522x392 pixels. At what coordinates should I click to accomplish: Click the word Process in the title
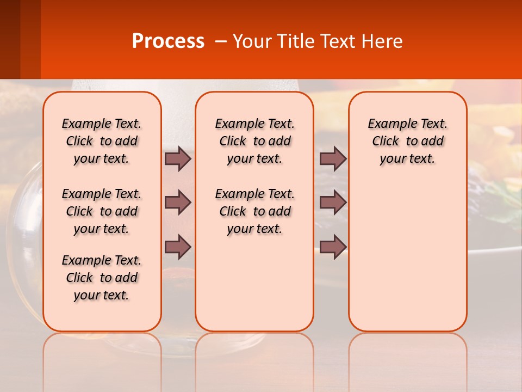168,41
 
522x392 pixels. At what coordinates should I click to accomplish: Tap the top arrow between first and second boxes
178,159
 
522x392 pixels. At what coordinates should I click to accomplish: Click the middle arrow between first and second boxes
178,203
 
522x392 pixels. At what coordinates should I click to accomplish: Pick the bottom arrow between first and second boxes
178,247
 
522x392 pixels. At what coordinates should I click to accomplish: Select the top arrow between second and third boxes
333,159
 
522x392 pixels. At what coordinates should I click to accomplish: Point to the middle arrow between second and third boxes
333,203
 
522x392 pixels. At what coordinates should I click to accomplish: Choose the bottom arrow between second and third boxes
333,247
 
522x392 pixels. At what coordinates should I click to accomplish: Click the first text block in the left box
102,141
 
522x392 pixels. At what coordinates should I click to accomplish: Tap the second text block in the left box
102,211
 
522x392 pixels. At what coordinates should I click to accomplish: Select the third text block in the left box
102,278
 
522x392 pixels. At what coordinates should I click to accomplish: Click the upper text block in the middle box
254,141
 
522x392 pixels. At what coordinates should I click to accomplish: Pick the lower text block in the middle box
254,211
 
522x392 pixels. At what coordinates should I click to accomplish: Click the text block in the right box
407,141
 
